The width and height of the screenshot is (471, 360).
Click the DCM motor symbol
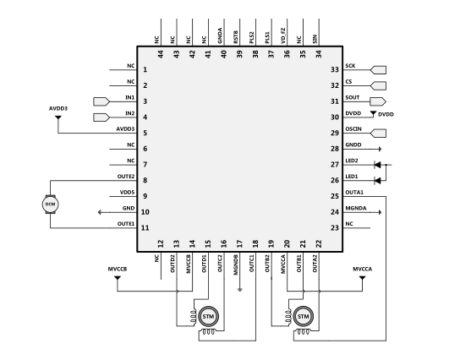coord(50,204)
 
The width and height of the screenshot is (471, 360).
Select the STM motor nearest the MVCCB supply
coord(207,316)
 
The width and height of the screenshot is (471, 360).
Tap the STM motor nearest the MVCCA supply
coord(303,316)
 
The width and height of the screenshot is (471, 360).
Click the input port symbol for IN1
coord(101,101)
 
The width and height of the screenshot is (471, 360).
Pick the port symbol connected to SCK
coord(378,70)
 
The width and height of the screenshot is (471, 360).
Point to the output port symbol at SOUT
coord(378,101)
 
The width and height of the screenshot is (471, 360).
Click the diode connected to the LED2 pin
coord(378,164)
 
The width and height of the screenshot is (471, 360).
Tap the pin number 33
coord(335,70)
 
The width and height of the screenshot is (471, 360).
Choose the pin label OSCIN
coord(354,130)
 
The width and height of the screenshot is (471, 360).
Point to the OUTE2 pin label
coord(126,177)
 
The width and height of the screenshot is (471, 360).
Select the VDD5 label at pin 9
coord(128,193)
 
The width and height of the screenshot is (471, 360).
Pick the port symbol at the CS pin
coord(378,85)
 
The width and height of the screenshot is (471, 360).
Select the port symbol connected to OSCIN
coord(378,133)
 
